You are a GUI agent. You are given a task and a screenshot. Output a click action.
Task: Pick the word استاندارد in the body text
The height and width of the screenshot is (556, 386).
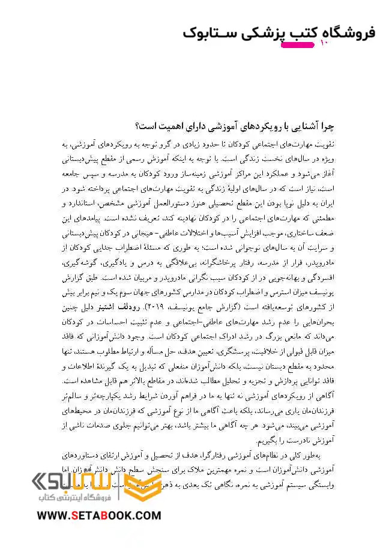[x=83, y=204]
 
